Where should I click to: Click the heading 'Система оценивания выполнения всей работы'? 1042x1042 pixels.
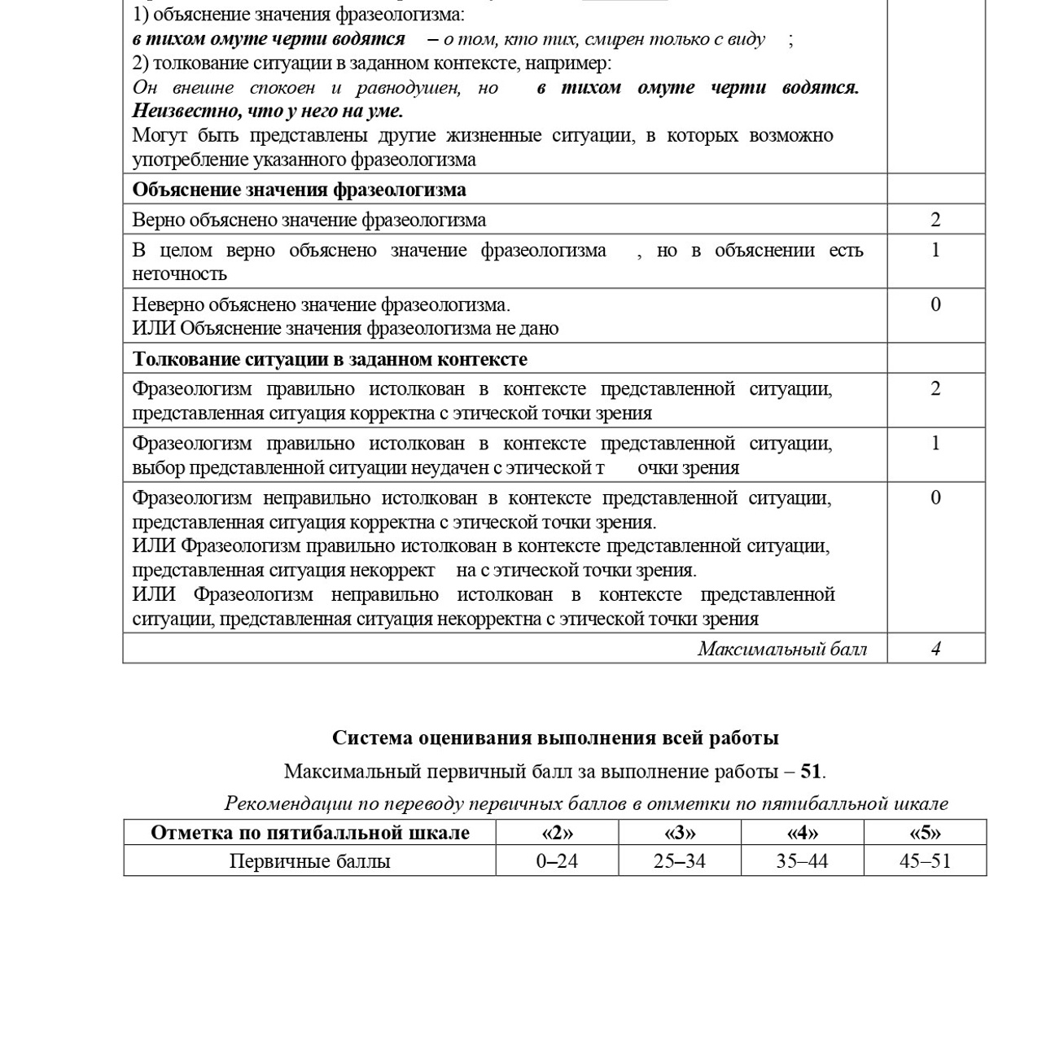point(554,738)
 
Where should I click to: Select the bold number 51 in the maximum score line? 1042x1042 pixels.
point(811,771)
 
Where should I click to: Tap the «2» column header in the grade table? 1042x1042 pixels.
point(557,833)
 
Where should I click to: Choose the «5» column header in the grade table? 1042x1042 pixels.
point(925,833)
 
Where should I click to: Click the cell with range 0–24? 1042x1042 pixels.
point(557,861)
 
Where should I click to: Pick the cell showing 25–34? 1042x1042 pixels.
point(679,861)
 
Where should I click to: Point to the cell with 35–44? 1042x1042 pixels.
point(802,861)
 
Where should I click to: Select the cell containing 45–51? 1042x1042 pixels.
point(925,861)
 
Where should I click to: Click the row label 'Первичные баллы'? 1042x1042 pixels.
point(309,861)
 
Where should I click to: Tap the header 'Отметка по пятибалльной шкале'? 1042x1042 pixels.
point(309,833)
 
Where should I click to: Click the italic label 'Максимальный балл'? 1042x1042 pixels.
point(781,649)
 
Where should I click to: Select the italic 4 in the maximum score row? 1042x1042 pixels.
point(935,649)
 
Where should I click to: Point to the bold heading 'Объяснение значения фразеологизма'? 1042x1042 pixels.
point(299,190)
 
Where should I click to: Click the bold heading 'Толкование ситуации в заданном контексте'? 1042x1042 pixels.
point(330,359)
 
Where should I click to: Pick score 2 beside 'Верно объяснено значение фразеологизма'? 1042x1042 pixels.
point(935,220)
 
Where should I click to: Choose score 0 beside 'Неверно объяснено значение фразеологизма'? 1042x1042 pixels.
point(935,304)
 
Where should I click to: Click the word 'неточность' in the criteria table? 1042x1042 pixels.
point(179,274)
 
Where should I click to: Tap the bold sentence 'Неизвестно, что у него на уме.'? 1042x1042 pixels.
point(267,111)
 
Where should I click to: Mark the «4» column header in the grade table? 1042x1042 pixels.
point(802,833)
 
